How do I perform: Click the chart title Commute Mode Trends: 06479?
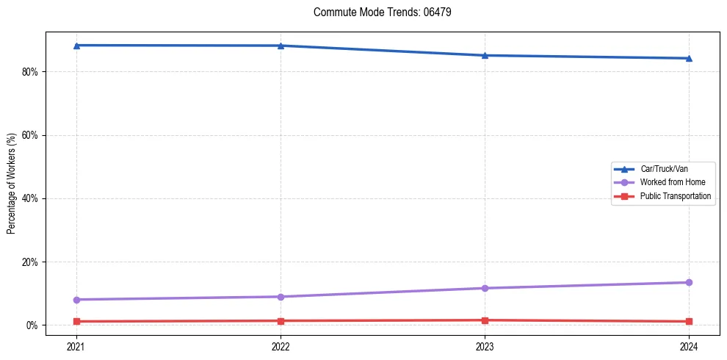pos(377,12)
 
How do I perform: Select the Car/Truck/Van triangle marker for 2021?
pos(76,46)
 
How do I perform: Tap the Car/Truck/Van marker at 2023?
pos(485,55)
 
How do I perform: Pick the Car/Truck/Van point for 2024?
pos(689,58)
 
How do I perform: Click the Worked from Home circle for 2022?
pos(281,297)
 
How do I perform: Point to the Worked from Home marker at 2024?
pos(689,282)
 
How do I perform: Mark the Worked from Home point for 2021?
pos(76,300)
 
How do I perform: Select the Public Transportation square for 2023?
pos(485,320)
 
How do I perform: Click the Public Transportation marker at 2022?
pos(281,321)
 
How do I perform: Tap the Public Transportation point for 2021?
pos(76,322)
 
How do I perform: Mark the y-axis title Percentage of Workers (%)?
pos(11,184)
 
